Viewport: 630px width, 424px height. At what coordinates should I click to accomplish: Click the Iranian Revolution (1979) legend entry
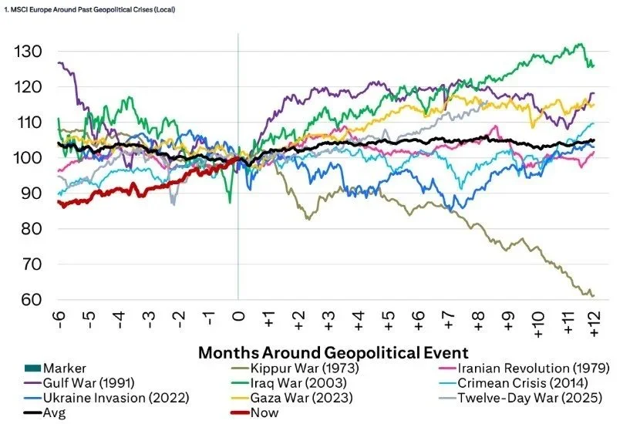tap(524, 368)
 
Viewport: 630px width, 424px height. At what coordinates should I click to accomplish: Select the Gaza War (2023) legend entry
tap(299, 398)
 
